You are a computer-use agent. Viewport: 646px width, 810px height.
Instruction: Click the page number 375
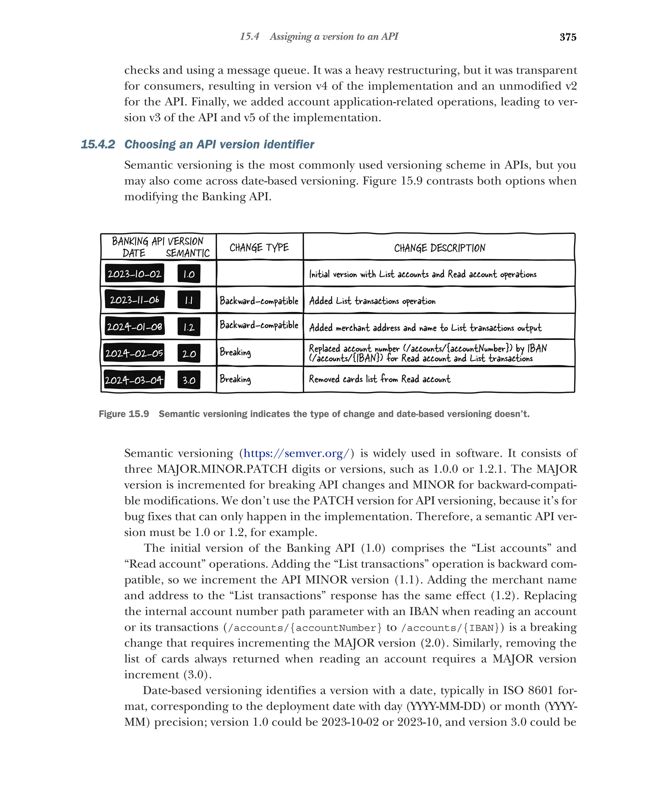pyautogui.click(x=567, y=37)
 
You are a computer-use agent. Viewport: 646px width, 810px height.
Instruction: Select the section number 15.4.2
pyautogui.click(x=98, y=144)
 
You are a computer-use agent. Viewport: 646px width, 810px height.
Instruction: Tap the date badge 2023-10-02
pyautogui.click(x=134, y=274)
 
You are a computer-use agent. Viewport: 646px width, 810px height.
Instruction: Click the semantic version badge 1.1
pyautogui.click(x=189, y=300)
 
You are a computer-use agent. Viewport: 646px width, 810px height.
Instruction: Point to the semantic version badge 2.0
pyautogui.click(x=189, y=353)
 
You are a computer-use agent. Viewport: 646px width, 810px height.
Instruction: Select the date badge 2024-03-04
pyautogui.click(x=134, y=380)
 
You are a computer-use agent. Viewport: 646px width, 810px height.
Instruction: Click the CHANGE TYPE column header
pyautogui.click(x=259, y=248)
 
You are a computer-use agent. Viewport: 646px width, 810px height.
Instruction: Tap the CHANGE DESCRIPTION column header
pyautogui.click(x=439, y=248)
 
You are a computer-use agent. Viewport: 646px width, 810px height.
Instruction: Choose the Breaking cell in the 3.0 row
pyautogui.click(x=235, y=379)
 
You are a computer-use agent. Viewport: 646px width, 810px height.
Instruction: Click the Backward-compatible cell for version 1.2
pyautogui.click(x=259, y=325)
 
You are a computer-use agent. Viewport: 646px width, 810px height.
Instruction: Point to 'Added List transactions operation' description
pyautogui.click(x=372, y=301)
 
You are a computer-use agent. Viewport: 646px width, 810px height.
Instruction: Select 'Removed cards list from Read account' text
pyautogui.click(x=379, y=379)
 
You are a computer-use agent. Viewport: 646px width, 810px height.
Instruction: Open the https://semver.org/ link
pyautogui.click(x=297, y=453)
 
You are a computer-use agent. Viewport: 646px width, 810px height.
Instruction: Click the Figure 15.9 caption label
pyautogui.click(x=124, y=414)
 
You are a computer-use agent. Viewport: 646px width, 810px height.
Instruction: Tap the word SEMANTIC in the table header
pyautogui.click(x=188, y=253)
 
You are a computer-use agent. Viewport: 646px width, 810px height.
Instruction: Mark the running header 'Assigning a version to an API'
pyautogui.click(x=334, y=37)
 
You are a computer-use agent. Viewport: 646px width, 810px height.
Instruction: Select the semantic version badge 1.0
pyautogui.click(x=189, y=274)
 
